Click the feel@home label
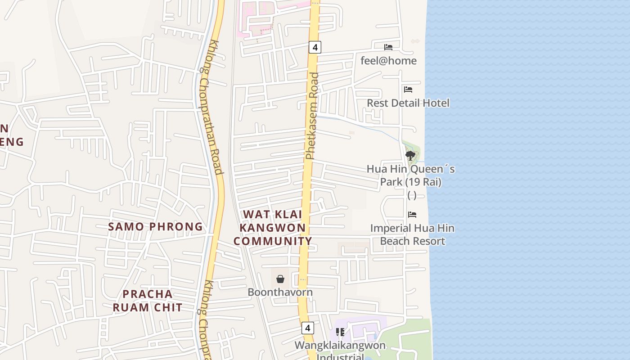(388, 61)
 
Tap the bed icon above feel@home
(388, 47)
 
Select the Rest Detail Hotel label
(408, 103)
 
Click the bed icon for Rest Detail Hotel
(408, 90)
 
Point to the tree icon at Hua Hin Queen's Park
(410, 156)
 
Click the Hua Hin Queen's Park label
(410, 175)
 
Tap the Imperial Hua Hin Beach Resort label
(412, 234)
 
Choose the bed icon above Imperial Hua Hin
(412, 215)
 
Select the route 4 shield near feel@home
(315, 47)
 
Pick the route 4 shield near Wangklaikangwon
(308, 328)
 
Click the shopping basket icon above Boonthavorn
(280, 279)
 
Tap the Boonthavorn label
(280, 292)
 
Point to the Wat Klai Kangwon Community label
(273, 228)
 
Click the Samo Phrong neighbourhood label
(155, 226)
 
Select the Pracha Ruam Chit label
(148, 301)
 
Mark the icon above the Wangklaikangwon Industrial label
(340, 332)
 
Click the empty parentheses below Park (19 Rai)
(412, 195)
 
